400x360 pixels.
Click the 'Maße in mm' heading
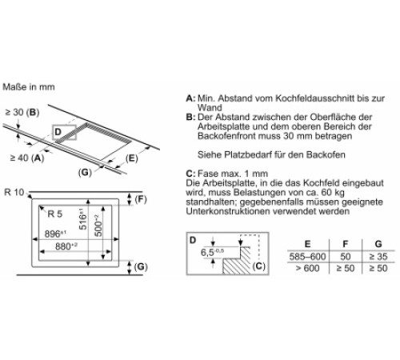[29, 87]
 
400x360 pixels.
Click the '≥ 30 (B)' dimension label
[22, 112]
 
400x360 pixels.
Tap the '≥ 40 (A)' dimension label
[27, 158]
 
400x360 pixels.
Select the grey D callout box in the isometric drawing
[65, 132]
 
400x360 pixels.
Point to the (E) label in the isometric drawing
[131, 158]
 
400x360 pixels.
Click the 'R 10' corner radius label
[14, 192]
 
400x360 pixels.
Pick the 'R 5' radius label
[54, 214]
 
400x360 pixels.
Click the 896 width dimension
[55, 234]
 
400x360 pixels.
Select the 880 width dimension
[66, 246]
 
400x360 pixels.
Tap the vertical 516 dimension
[83, 219]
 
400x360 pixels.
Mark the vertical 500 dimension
[98, 226]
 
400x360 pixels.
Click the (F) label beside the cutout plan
[141, 199]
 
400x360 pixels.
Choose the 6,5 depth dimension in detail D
[212, 252]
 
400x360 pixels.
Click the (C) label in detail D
[258, 266]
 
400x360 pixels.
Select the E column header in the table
[307, 244]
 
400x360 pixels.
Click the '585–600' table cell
[307, 257]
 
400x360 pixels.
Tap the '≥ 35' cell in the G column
[378, 257]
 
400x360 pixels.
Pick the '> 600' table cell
[307, 268]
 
